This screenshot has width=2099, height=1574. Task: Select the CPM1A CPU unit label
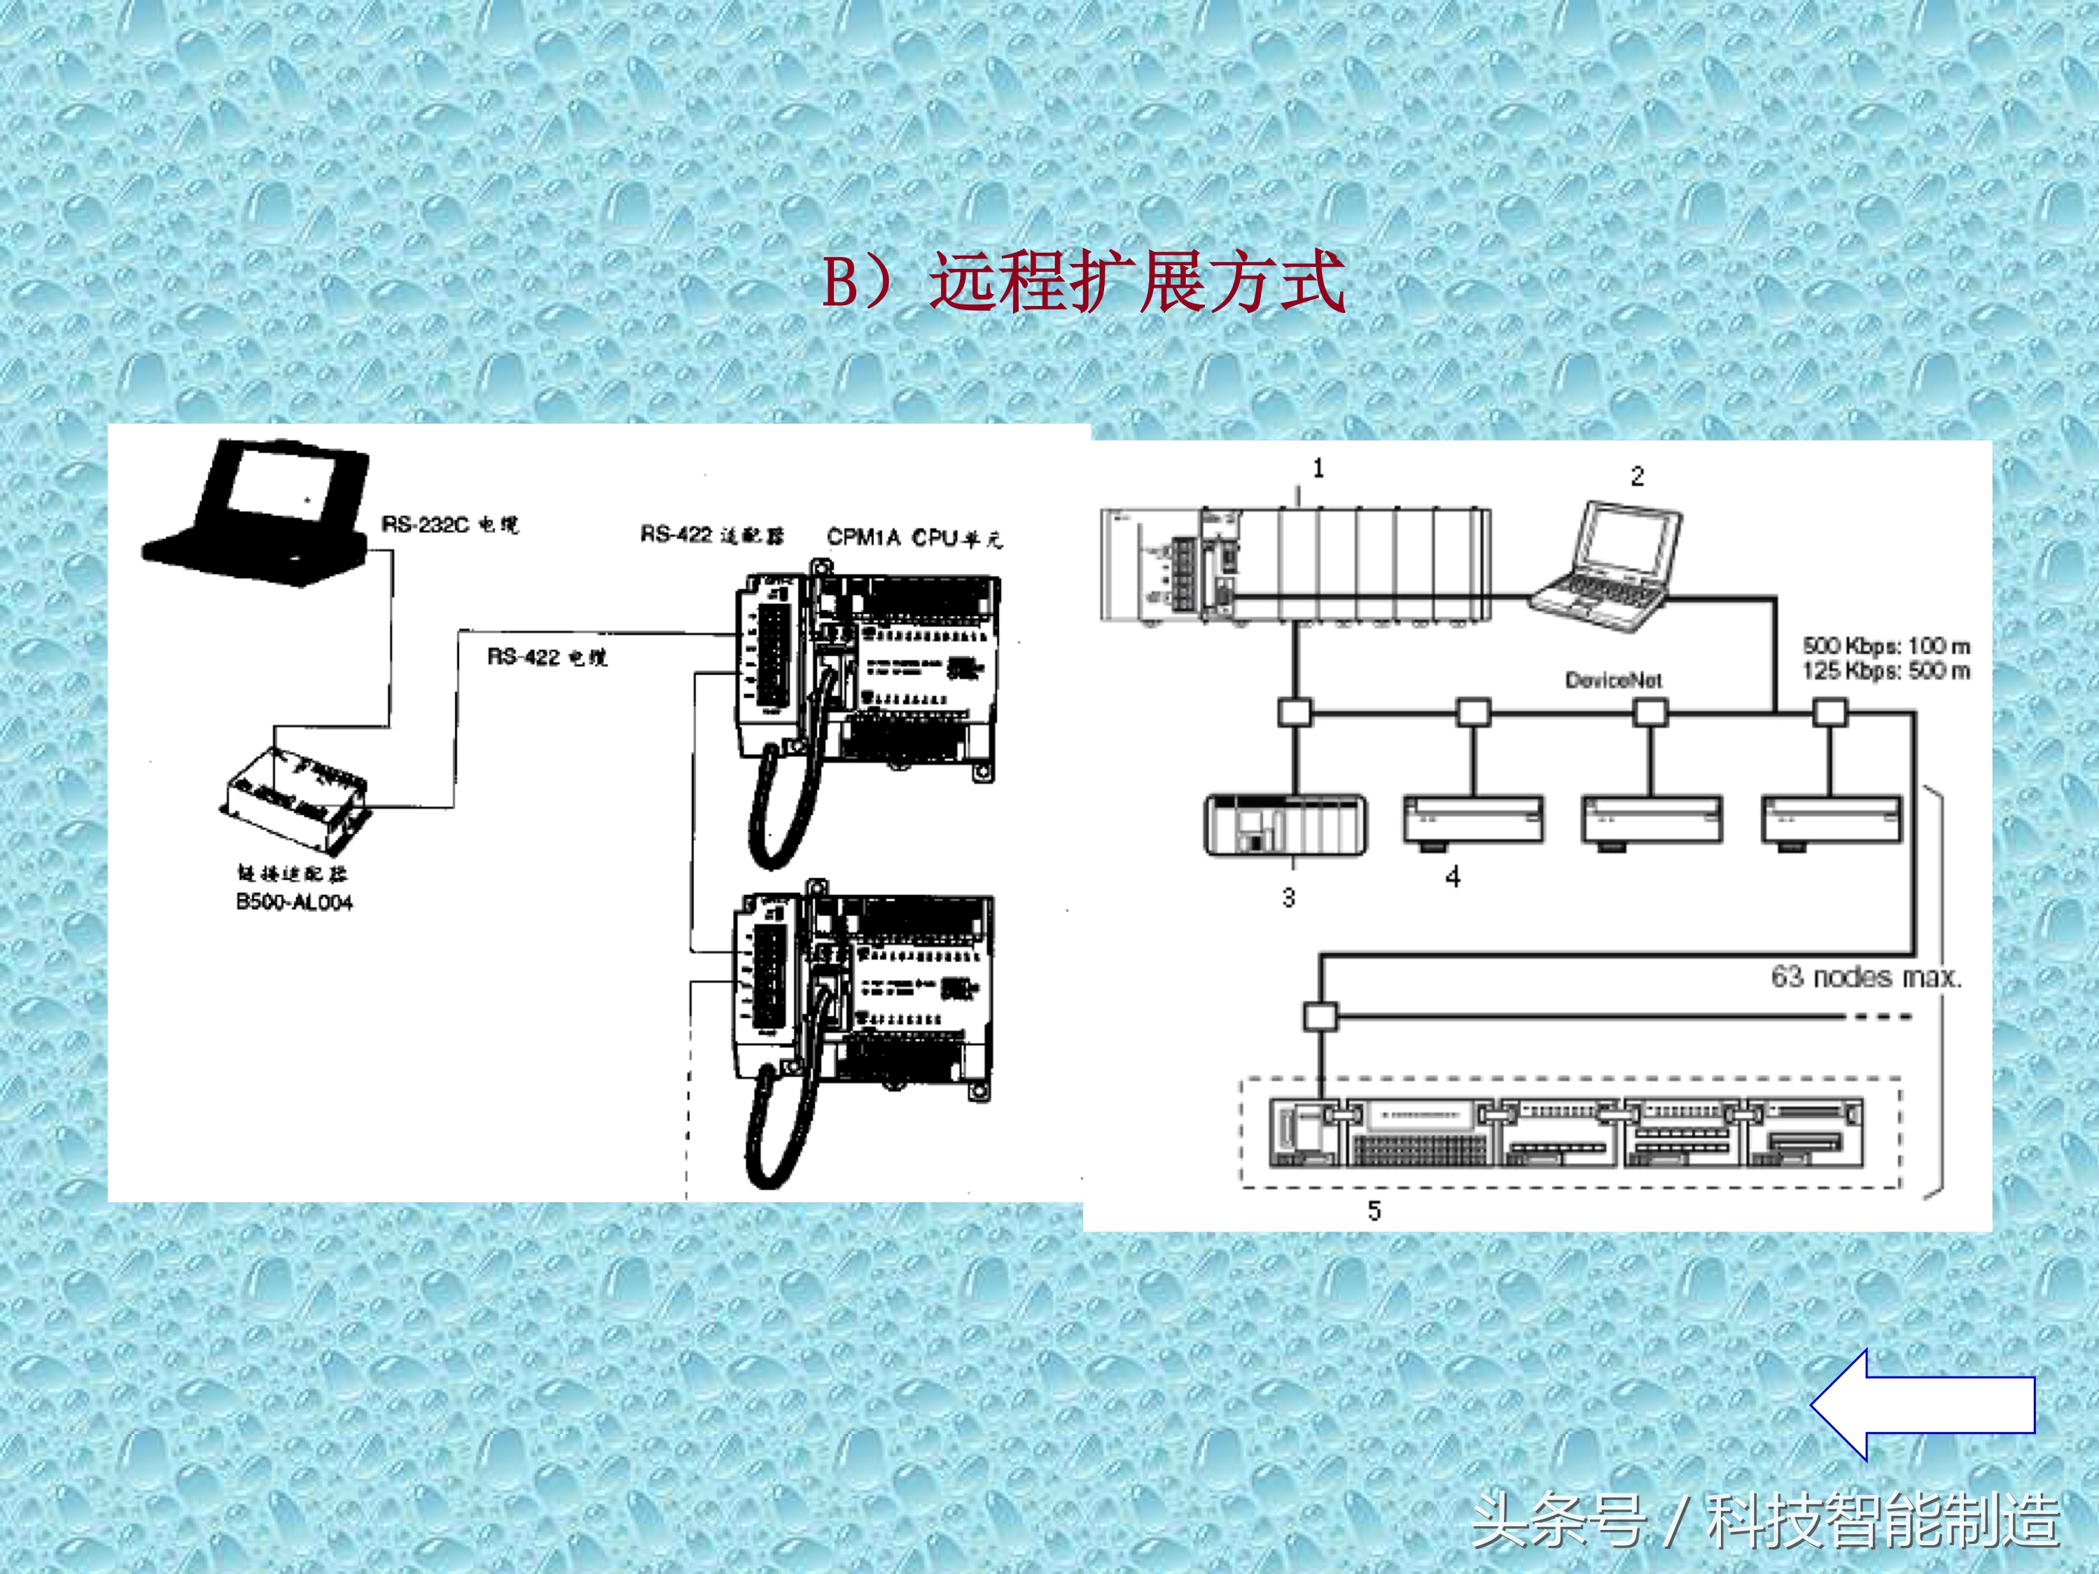(914, 538)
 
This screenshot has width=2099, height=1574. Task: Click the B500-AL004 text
(294, 903)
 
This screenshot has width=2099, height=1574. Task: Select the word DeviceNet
(1613, 681)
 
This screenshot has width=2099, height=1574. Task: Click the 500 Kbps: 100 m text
(1886, 646)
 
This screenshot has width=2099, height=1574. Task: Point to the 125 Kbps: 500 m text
(1886, 671)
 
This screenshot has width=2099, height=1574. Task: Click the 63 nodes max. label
(1864, 977)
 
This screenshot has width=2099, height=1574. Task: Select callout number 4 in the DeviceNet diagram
(1453, 877)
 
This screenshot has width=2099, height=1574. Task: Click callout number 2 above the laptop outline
(1637, 476)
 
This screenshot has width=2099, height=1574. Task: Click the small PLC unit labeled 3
(1285, 826)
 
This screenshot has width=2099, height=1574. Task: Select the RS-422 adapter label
(712, 535)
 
